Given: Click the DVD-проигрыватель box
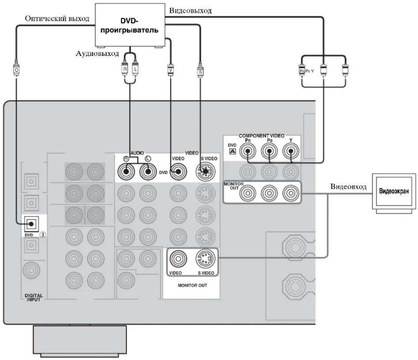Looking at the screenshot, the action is [130, 25].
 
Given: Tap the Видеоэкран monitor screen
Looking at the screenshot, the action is [394, 191].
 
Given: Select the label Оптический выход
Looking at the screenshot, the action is [57, 18].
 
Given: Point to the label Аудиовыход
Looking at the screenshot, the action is [97, 54].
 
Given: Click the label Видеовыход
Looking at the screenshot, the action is [190, 11].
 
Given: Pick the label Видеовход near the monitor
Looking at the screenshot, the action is [348, 186].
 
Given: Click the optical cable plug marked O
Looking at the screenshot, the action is [17, 68].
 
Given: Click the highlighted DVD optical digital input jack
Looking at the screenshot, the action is [31, 224].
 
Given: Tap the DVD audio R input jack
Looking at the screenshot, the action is [126, 172].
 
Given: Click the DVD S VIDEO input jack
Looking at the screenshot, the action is [206, 172].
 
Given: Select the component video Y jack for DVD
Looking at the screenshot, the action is [290, 151].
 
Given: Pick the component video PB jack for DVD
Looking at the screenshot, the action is [269, 151].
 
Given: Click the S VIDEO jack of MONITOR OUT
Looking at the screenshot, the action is [206, 259].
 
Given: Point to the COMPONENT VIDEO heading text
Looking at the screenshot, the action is [261, 136].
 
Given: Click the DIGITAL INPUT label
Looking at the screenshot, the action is [34, 298].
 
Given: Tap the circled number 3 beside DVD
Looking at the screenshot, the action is [43, 235].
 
